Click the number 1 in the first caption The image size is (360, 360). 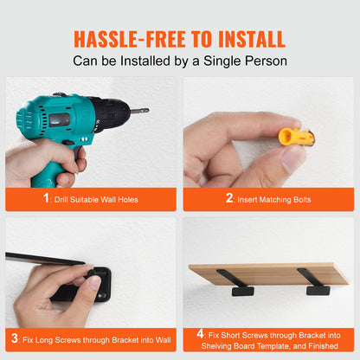pyautogui.click(x=48, y=199)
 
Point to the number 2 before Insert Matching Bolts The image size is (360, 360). pyautogui.click(x=230, y=199)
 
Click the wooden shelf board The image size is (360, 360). pyautogui.click(x=268, y=274)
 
